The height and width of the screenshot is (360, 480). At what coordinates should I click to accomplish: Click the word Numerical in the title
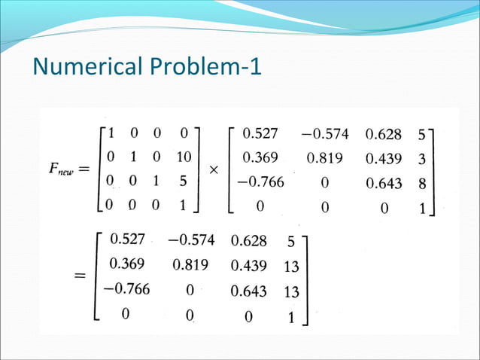[x=82, y=67]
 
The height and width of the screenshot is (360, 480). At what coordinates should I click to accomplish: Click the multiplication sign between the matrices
[x=214, y=171]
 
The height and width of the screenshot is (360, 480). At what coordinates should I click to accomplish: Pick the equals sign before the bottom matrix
[x=79, y=276]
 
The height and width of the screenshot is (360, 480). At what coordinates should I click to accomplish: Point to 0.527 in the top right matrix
[x=260, y=135]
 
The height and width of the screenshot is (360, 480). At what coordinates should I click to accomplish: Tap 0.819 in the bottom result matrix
[x=190, y=265]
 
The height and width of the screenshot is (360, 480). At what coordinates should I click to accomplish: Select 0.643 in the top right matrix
[x=384, y=183]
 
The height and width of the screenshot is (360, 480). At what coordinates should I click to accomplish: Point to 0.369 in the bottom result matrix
[x=128, y=265]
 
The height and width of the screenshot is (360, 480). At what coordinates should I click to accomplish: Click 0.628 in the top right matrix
[x=384, y=135]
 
